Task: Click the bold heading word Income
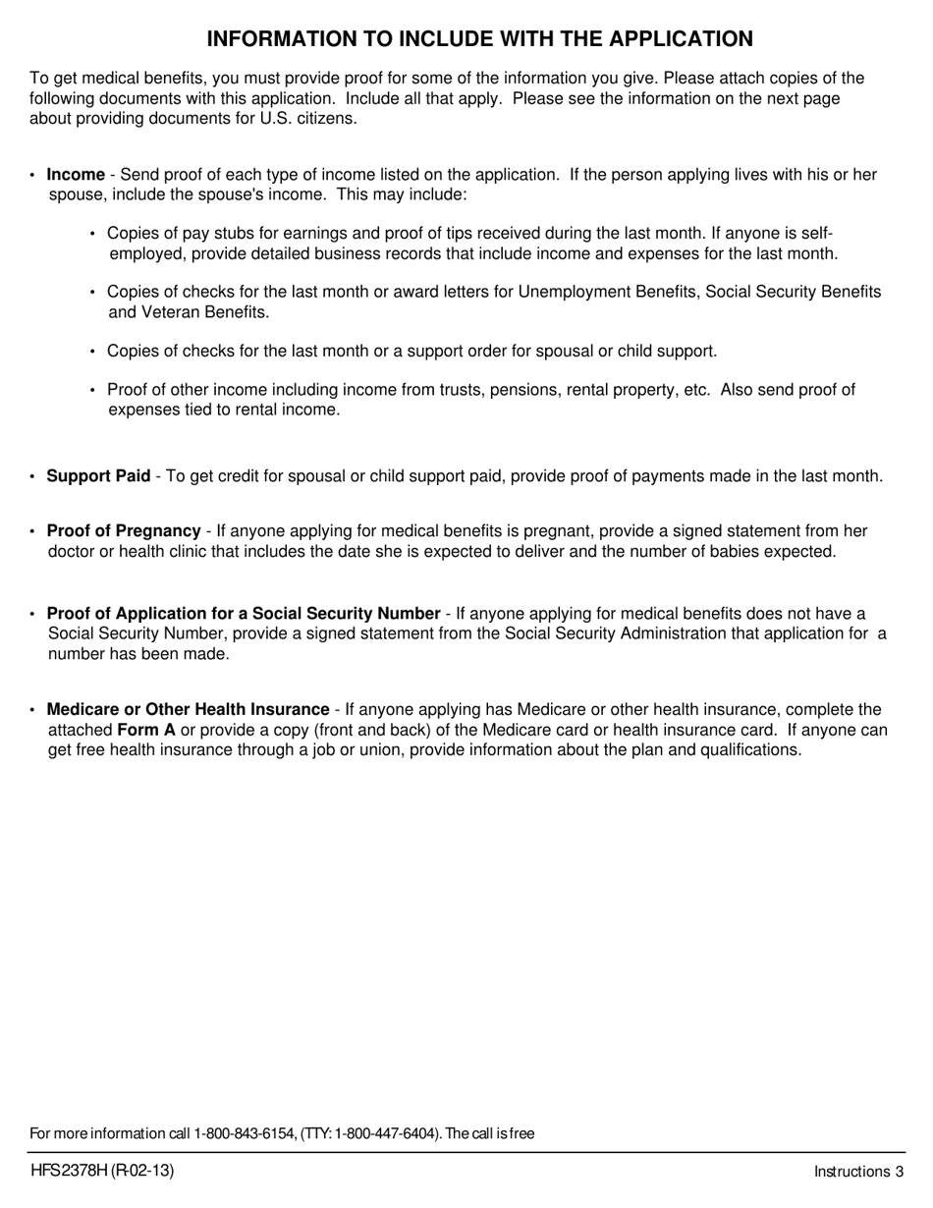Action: tap(76, 175)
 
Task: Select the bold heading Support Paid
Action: tap(98, 476)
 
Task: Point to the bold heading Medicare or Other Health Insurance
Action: tap(188, 709)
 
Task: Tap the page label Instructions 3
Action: tap(858, 1171)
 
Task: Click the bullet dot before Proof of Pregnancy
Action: tap(32, 532)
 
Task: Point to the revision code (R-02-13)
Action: tap(141, 1170)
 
